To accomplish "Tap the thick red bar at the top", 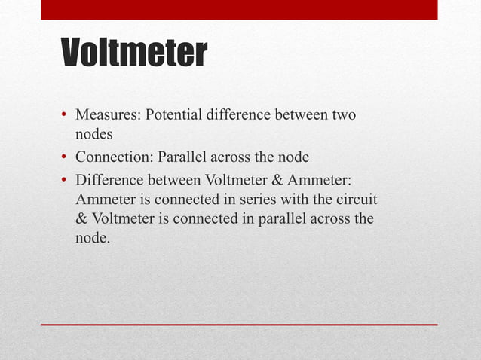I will [239, 9].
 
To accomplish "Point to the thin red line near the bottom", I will [239, 325].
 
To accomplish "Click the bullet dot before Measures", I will [66, 117].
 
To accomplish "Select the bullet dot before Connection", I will [66, 158].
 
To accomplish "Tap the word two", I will [344, 116].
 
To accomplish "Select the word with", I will [294, 199].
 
